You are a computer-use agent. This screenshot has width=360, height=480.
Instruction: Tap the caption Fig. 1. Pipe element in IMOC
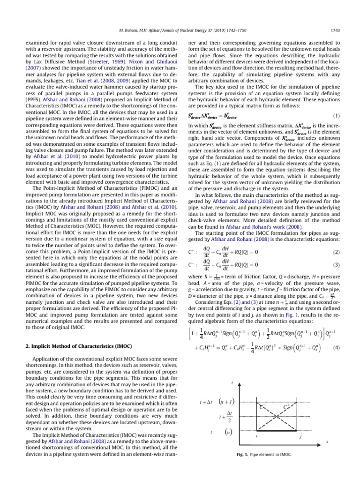264,455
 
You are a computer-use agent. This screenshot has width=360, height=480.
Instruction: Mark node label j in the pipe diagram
300,436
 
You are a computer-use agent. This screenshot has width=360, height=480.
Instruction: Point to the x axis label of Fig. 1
327,441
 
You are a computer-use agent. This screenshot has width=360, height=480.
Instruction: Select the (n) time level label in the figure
227,430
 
